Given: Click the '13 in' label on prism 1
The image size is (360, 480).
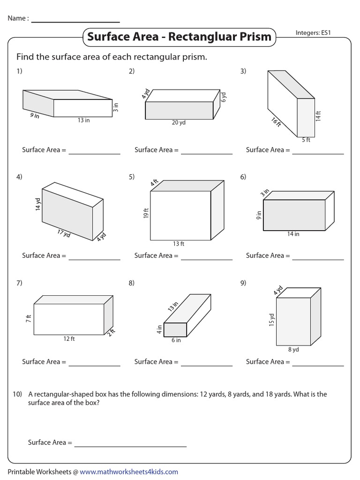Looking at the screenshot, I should pyautogui.click(x=84, y=120).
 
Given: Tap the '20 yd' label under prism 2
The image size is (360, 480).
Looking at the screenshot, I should pyautogui.click(x=179, y=123).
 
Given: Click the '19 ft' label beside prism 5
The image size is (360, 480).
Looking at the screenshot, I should pyautogui.click(x=146, y=214).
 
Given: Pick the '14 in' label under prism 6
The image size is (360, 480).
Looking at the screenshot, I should pyautogui.click(x=293, y=234).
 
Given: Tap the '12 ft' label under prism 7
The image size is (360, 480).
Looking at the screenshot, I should pyautogui.click(x=69, y=339).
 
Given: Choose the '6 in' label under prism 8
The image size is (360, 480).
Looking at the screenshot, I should pyautogui.click(x=176, y=340).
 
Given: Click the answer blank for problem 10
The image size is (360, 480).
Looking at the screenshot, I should pyautogui.click(x=130, y=443).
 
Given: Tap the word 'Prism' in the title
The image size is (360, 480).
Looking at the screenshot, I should pyautogui.click(x=254, y=37).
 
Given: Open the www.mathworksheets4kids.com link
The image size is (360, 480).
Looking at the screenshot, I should pyautogui.click(x=129, y=471).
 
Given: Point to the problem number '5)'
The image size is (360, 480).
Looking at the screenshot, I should pyautogui.click(x=132, y=177).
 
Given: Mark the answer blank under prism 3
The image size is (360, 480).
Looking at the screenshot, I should pyautogui.click(x=318, y=150).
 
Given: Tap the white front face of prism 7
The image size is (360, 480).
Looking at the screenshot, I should pyautogui.click(x=69, y=319).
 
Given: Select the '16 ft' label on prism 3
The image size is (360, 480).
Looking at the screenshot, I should pyautogui.click(x=276, y=123).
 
